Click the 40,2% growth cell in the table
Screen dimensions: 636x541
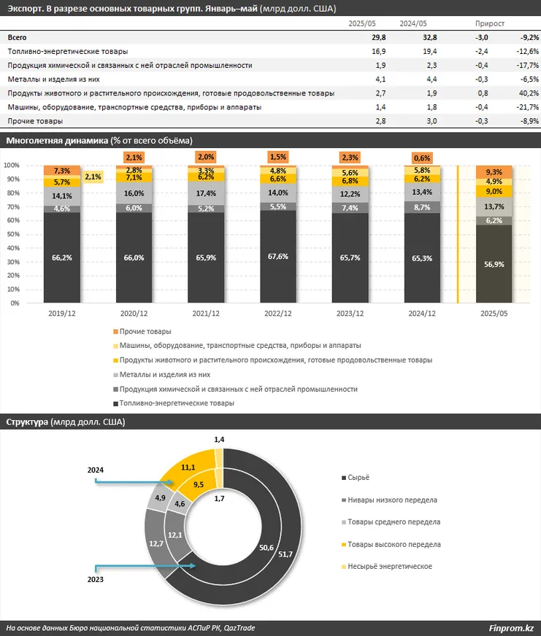click(x=529, y=93)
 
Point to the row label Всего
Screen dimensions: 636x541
click(x=18, y=38)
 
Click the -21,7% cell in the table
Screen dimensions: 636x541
click(x=527, y=107)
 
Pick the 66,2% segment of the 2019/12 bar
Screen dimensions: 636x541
click(x=61, y=257)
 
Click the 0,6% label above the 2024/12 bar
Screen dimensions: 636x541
click(x=422, y=158)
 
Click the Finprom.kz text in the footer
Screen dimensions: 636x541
click(x=511, y=629)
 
